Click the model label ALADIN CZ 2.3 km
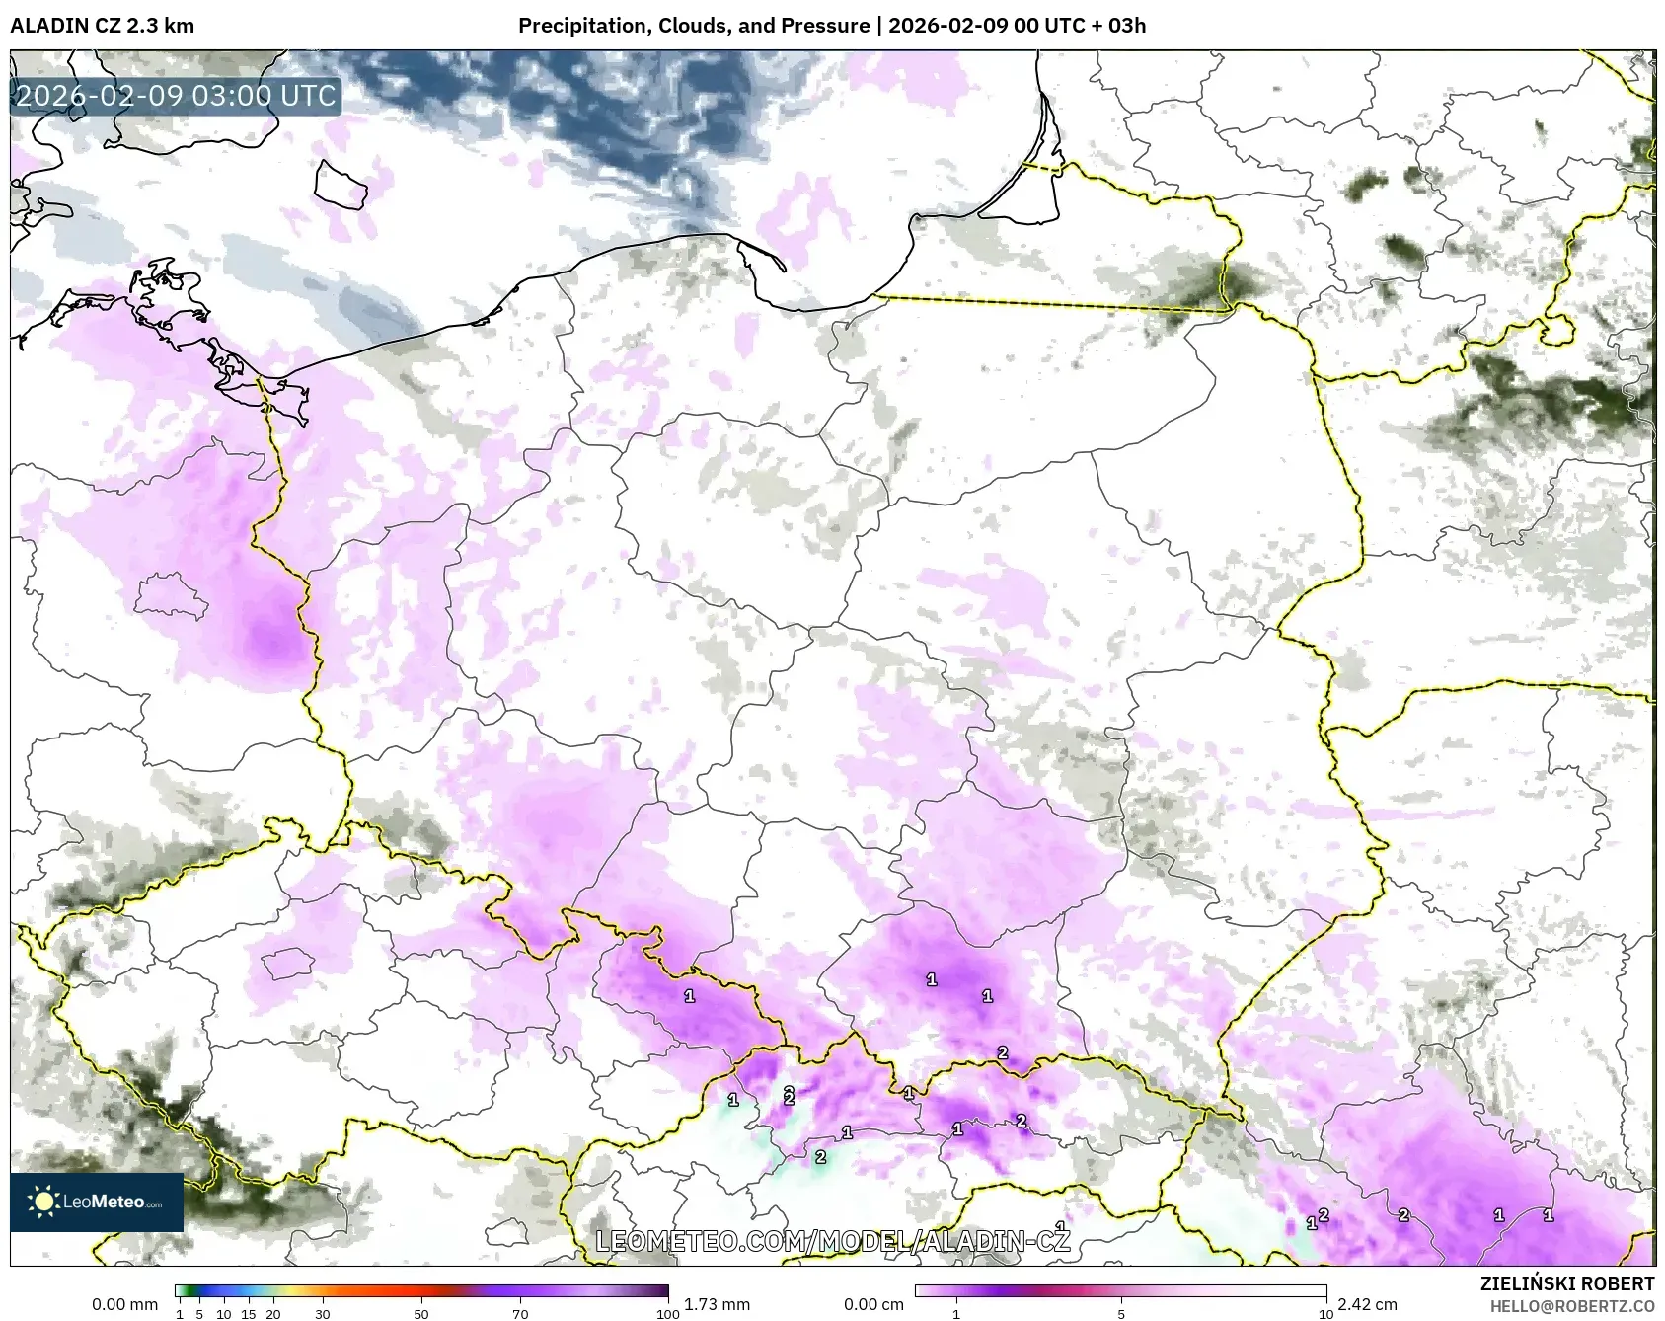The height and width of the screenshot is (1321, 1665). (102, 26)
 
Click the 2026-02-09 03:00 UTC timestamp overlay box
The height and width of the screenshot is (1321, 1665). (176, 96)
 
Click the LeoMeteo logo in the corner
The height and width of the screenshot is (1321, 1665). (97, 1202)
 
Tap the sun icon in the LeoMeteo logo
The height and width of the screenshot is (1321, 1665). (43, 1202)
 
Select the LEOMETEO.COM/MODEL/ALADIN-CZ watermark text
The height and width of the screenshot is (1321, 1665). (832, 1241)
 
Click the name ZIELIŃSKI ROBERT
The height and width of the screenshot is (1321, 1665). (1566, 1283)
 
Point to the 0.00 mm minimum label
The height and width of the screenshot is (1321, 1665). (124, 1304)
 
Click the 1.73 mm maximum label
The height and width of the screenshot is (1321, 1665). (717, 1304)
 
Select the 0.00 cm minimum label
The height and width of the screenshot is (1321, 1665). (873, 1304)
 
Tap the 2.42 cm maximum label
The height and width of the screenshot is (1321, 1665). (1367, 1304)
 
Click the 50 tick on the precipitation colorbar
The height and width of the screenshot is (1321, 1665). (421, 1314)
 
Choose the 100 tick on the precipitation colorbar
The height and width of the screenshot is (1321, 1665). (668, 1314)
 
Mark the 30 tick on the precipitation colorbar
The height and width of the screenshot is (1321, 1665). (323, 1314)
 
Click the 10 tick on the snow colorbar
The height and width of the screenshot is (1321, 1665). (1325, 1314)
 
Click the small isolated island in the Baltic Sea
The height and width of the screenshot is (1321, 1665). (341, 185)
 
